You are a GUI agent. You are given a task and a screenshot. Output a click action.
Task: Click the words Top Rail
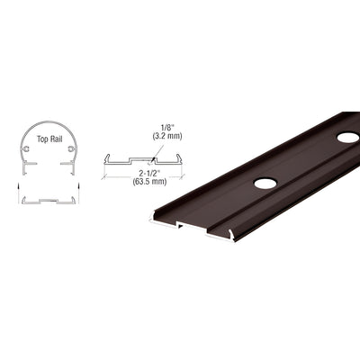(48, 142)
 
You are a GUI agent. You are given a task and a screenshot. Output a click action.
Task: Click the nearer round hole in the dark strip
(265, 183)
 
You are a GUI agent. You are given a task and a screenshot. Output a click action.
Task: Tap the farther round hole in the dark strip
(347, 138)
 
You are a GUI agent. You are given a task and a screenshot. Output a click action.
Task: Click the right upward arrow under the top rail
(77, 184)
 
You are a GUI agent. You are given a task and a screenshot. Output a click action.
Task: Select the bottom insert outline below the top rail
(49, 199)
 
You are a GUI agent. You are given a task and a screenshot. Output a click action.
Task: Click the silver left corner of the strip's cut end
(149, 220)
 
